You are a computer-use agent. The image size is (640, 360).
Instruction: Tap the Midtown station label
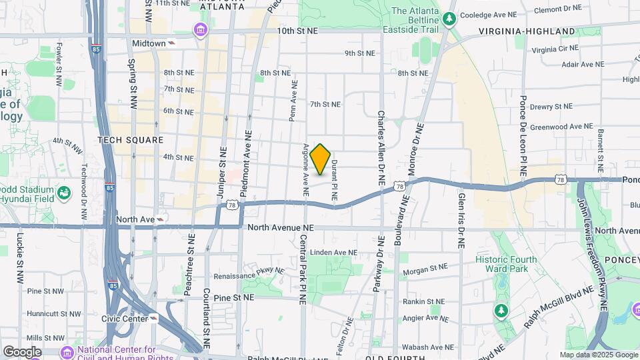point(149,43)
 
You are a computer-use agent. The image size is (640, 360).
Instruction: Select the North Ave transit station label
point(135,219)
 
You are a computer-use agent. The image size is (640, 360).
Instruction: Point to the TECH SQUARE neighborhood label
point(130,140)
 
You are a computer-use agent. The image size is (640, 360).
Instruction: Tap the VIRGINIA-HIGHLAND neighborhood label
point(527,31)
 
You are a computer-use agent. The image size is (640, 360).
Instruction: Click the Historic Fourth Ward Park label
point(501,264)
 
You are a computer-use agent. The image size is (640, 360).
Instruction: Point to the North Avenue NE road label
point(281,228)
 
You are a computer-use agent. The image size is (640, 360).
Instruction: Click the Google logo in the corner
point(21,351)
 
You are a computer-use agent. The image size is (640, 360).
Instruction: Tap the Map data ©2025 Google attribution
point(598,355)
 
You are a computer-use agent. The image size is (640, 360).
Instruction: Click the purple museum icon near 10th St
point(200,30)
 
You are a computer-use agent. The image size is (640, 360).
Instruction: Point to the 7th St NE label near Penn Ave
point(325,104)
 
